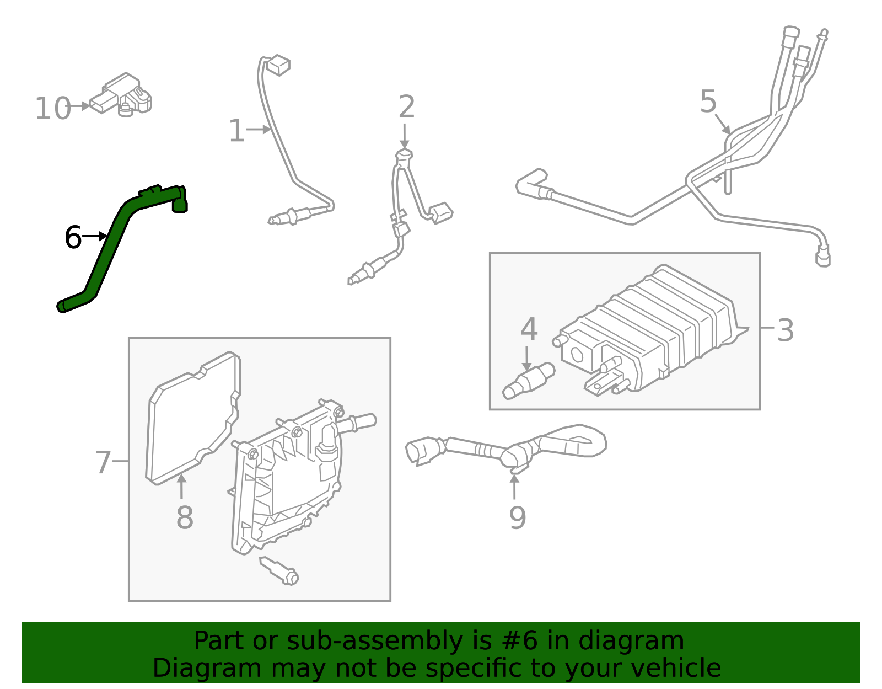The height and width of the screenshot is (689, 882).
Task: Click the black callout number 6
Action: click(73, 238)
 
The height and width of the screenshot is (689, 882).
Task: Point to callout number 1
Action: click(236, 131)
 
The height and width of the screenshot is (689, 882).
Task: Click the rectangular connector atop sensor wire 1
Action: click(278, 65)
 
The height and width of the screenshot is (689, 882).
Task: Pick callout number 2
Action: click(406, 107)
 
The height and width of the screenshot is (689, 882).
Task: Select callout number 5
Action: click(708, 102)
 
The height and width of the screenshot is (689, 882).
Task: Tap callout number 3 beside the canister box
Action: click(785, 330)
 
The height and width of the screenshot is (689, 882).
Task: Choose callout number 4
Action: click(529, 329)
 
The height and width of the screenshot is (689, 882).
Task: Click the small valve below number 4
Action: click(528, 381)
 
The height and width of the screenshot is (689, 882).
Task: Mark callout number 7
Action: click(103, 462)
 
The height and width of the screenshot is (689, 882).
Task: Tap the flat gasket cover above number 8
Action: click(193, 419)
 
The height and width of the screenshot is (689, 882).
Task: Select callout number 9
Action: click(517, 517)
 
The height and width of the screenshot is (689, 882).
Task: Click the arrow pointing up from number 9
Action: click(514, 486)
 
